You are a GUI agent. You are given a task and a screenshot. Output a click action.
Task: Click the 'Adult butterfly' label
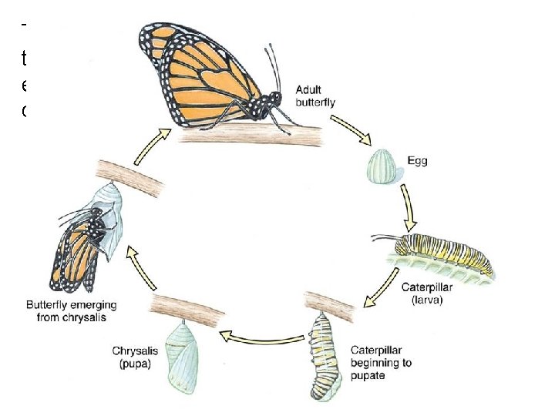click(x=315, y=96)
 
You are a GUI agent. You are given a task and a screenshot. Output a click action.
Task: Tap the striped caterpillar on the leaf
click(x=442, y=255)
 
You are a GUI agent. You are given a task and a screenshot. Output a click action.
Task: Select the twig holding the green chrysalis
click(x=189, y=307)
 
